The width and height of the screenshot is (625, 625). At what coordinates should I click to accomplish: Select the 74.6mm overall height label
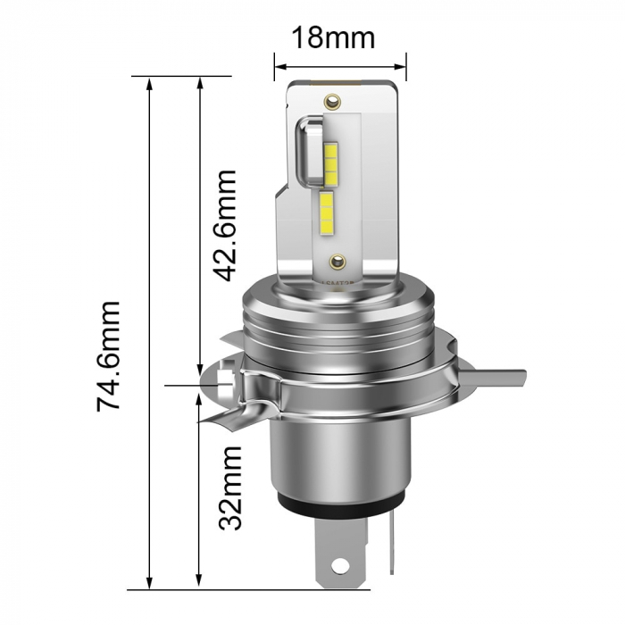pyautogui.click(x=108, y=355)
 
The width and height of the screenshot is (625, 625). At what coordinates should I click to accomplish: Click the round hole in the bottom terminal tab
pyautogui.click(x=341, y=565)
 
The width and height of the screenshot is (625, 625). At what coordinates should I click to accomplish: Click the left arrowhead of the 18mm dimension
pyautogui.click(x=279, y=65)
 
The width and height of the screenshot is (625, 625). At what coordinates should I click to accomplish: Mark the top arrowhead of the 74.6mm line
pyautogui.click(x=150, y=84)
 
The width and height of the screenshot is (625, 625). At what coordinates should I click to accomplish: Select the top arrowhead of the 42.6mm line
pyautogui.click(x=199, y=84)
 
